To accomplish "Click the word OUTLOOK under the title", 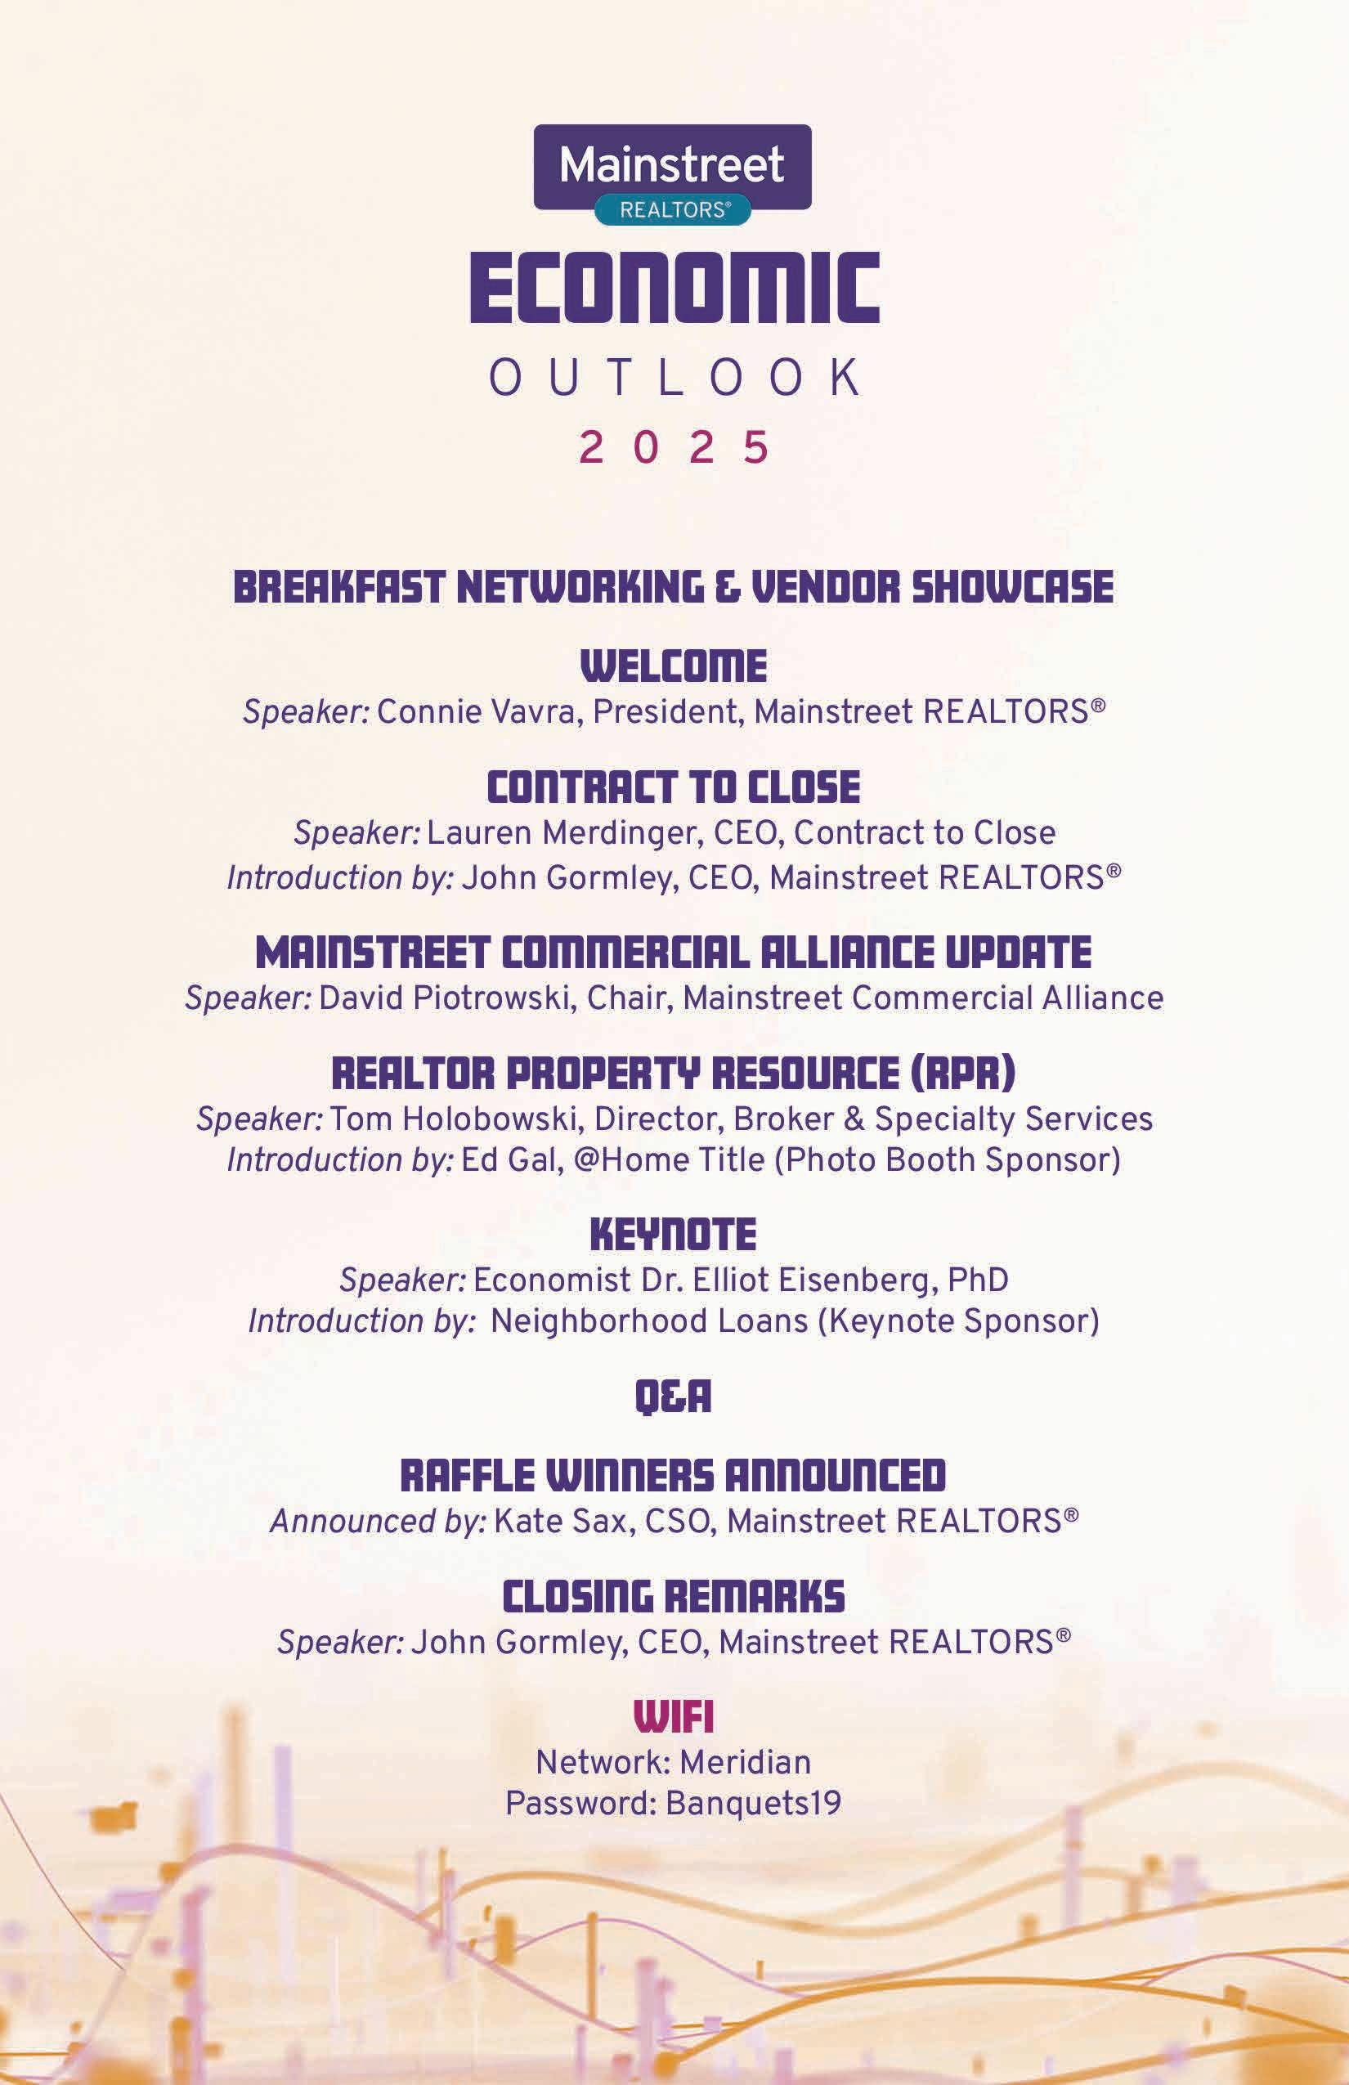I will pyautogui.click(x=674, y=377).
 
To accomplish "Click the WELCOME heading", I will pyautogui.click(x=674, y=666).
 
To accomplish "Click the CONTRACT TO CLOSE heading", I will pyautogui.click(x=674, y=787).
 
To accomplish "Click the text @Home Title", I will pyautogui.click(x=670, y=1160).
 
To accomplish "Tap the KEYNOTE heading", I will pyautogui.click(x=674, y=1235).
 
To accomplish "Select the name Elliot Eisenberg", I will pyautogui.click(x=802, y=1280).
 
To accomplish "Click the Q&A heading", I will pyautogui.click(x=673, y=1397).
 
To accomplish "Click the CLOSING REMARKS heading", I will pyautogui.click(x=674, y=1597).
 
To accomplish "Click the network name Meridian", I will pyautogui.click(x=745, y=1762).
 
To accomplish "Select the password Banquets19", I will pyautogui.click(x=753, y=1803).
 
